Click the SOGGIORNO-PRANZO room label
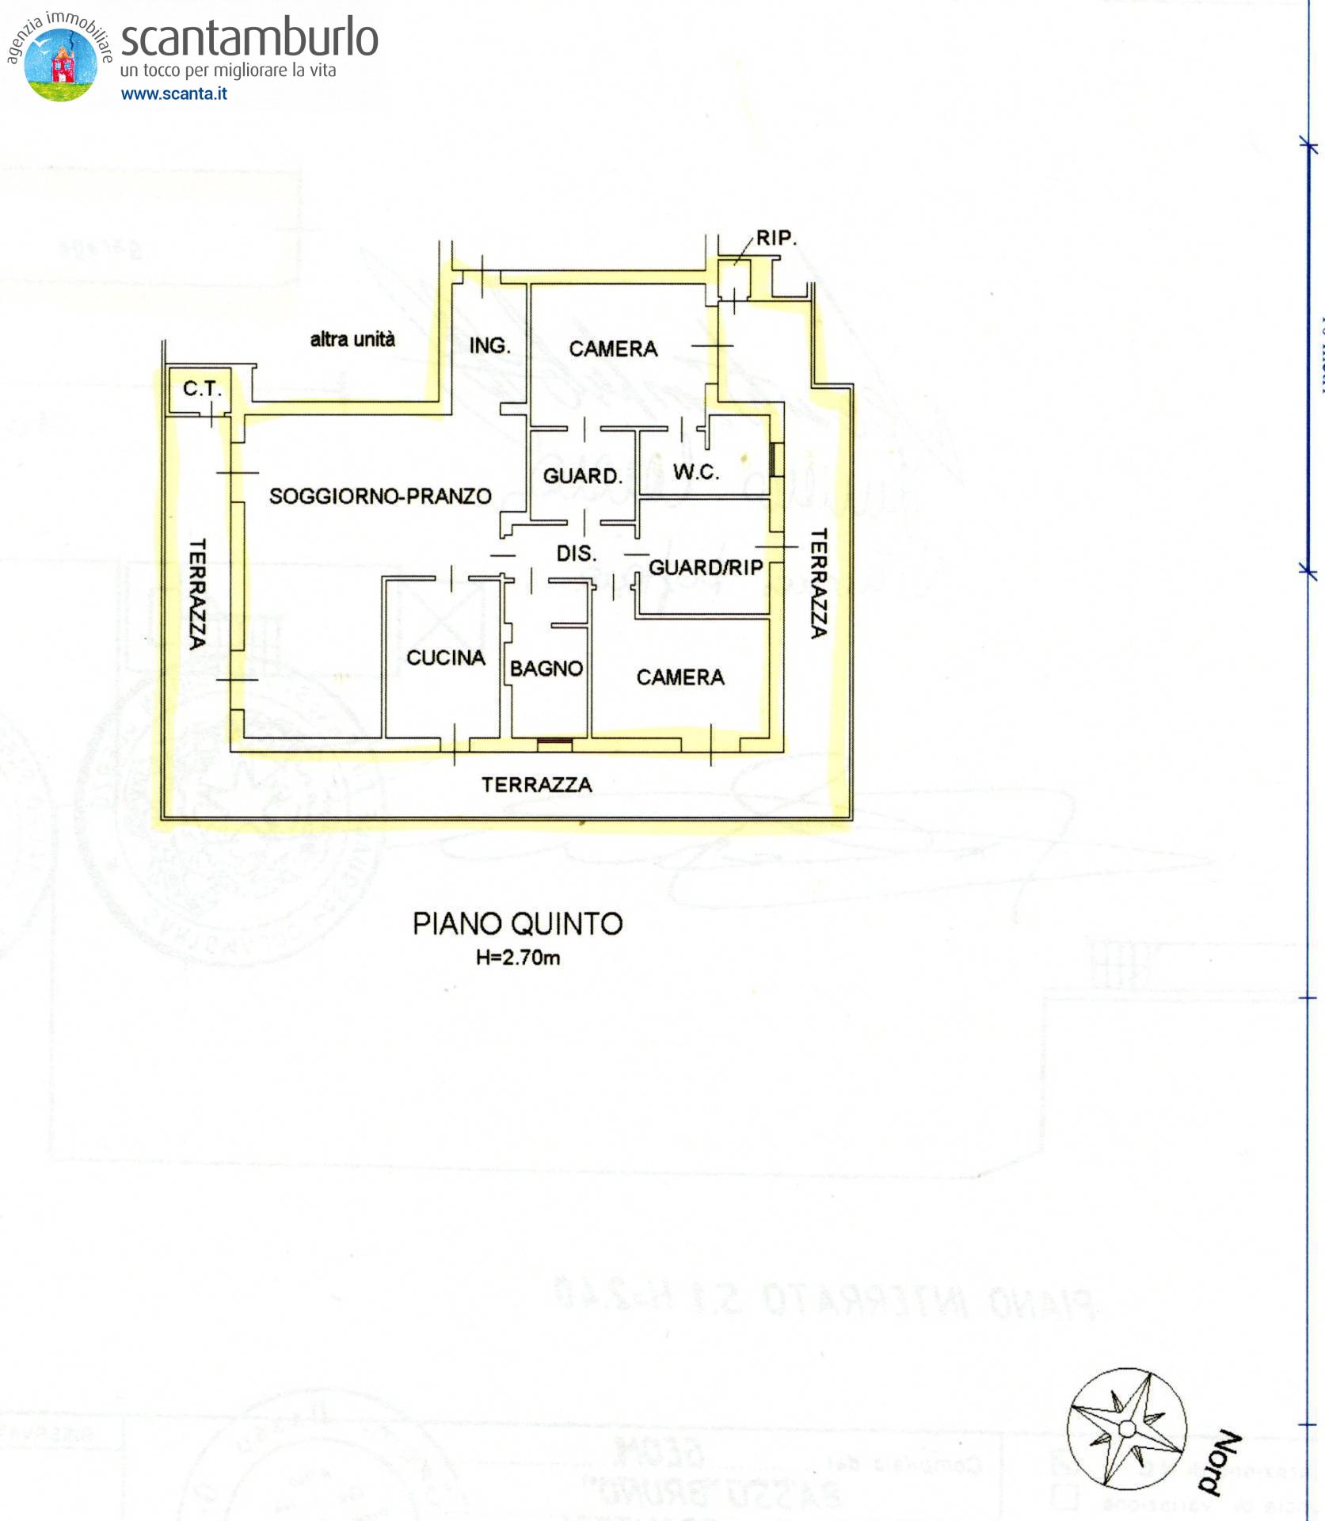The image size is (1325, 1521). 380,497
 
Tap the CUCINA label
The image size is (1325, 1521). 445,658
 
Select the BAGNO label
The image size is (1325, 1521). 546,669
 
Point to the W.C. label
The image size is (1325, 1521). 696,473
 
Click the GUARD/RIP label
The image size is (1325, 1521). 706,567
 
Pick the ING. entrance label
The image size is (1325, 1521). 489,346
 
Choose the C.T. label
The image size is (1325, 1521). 202,389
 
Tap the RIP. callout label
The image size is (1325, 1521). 775,238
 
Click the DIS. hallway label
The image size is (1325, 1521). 576,554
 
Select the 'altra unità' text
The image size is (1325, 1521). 352,339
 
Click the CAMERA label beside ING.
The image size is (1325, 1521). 613,349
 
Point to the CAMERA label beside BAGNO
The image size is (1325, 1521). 680,677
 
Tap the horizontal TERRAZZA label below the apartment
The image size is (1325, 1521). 537,784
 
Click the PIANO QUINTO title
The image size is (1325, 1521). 518,924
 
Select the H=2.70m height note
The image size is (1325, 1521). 518,958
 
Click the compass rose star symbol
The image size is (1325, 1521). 1126,1428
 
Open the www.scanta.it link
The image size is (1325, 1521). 173,93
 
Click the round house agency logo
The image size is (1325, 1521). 61,63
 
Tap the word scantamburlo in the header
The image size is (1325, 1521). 249,38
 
